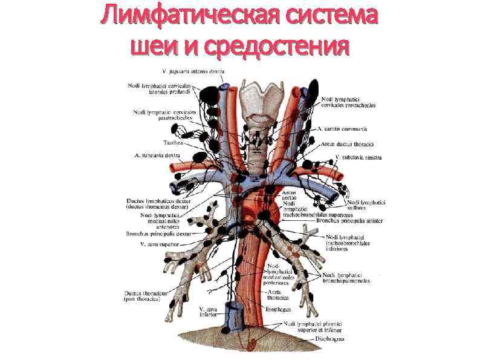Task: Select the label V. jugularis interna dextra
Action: [192, 71]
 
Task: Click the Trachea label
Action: [170, 143]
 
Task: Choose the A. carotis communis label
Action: [342, 129]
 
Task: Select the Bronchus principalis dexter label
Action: [158, 233]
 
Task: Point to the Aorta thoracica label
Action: [278, 295]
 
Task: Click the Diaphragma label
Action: [329, 339]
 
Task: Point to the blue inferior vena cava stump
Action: [233, 318]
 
